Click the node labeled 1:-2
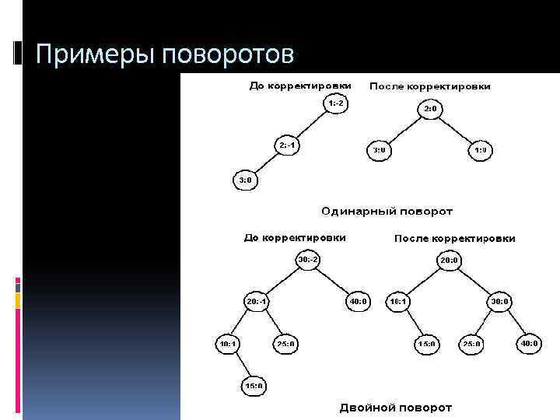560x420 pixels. (335, 103)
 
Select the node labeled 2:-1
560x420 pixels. (287, 145)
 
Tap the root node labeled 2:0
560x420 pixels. (429, 110)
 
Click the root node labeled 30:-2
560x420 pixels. (307, 259)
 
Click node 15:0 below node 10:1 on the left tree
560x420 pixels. (254, 385)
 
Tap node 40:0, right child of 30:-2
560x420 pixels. (358, 301)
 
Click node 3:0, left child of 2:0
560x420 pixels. (379, 149)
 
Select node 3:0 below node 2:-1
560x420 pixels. (244, 180)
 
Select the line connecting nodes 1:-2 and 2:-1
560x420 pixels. (311, 124)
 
